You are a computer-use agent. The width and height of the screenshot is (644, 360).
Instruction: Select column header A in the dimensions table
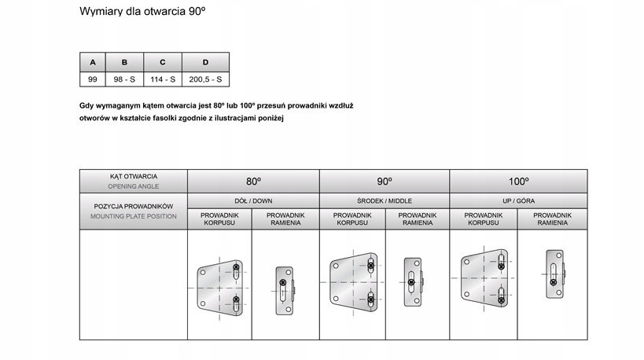(93, 62)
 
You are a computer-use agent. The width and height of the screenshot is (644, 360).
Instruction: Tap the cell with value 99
(93, 79)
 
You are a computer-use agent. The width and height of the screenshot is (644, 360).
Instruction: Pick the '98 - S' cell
(124, 79)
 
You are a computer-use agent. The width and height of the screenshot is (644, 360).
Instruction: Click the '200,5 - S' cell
(205, 79)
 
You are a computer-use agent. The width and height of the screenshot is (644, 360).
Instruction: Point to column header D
(205, 62)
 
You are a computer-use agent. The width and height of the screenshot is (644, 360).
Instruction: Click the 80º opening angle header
(253, 181)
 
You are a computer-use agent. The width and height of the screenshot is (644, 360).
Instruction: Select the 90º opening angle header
(384, 181)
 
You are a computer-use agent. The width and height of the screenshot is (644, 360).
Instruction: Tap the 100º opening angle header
(518, 181)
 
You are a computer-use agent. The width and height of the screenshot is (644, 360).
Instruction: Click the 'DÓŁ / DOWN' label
(253, 201)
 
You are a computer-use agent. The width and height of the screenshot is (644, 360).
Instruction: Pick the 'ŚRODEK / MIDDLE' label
(384, 201)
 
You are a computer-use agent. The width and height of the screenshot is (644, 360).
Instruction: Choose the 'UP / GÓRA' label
(518, 201)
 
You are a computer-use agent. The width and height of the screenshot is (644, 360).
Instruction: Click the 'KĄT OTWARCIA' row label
(134, 176)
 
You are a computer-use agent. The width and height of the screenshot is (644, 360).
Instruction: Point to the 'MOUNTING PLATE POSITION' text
(134, 215)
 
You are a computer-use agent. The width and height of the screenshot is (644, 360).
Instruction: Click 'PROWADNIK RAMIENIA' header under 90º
(417, 219)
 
